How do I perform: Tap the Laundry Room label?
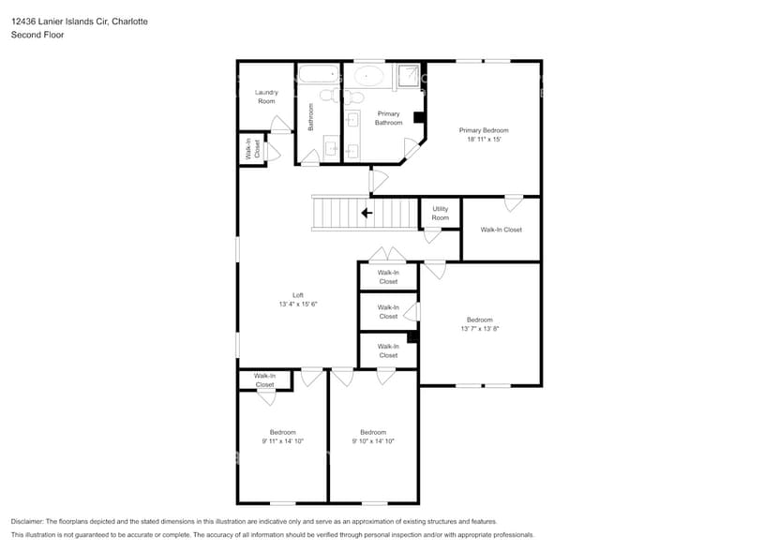click(x=267, y=97)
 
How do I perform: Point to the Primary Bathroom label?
click(x=388, y=118)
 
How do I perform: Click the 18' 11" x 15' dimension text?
click(x=485, y=139)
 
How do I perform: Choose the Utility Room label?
click(x=440, y=214)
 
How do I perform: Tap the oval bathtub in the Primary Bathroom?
click(x=367, y=76)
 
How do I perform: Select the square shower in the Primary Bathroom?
click(x=409, y=76)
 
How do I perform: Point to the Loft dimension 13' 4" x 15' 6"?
click(x=298, y=304)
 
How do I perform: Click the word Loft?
click(x=298, y=294)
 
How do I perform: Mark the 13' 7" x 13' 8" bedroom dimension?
click(x=479, y=329)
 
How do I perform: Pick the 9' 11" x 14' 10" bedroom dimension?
click(x=282, y=440)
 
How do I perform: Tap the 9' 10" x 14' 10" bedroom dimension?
click(x=373, y=440)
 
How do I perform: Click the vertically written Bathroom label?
click(x=310, y=116)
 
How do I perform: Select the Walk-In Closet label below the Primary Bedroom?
click(x=501, y=230)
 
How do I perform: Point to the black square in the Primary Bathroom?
click(x=419, y=118)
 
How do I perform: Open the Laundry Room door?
click(x=279, y=125)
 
